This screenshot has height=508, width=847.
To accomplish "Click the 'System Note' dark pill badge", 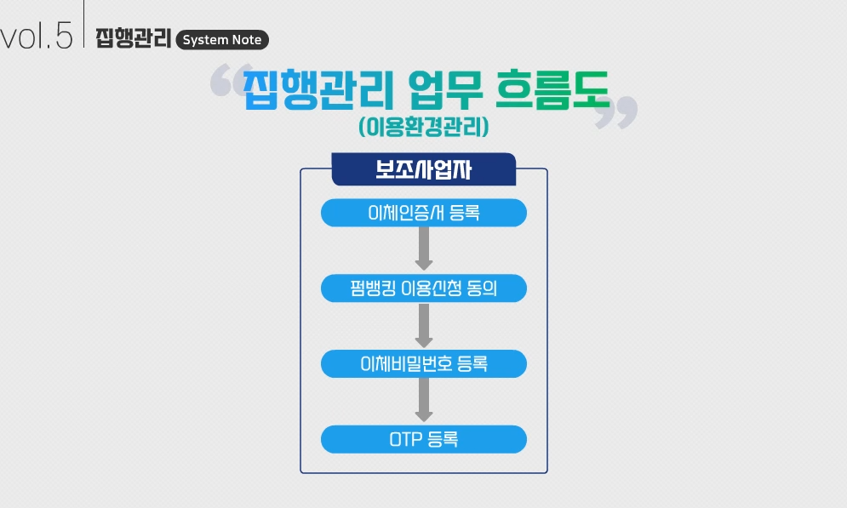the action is (x=222, y=40).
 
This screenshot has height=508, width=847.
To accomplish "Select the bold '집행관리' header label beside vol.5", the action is (x=133, y=39).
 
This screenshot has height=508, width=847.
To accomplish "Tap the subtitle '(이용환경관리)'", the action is (x=423, y=128).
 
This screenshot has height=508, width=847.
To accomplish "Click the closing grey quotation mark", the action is (x=615, y=113).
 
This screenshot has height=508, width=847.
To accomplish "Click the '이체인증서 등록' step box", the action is (x=423, y=213).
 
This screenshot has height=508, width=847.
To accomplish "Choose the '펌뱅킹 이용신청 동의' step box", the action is (x=423, y=288).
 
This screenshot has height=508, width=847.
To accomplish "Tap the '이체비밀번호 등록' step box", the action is (x=423, y=364).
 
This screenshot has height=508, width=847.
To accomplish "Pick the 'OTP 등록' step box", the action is (x=423, y=440).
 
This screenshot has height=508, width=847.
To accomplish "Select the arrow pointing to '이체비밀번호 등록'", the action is (x=423, y=325).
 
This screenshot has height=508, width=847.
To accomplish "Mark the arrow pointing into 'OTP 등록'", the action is (x=423, y=400).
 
